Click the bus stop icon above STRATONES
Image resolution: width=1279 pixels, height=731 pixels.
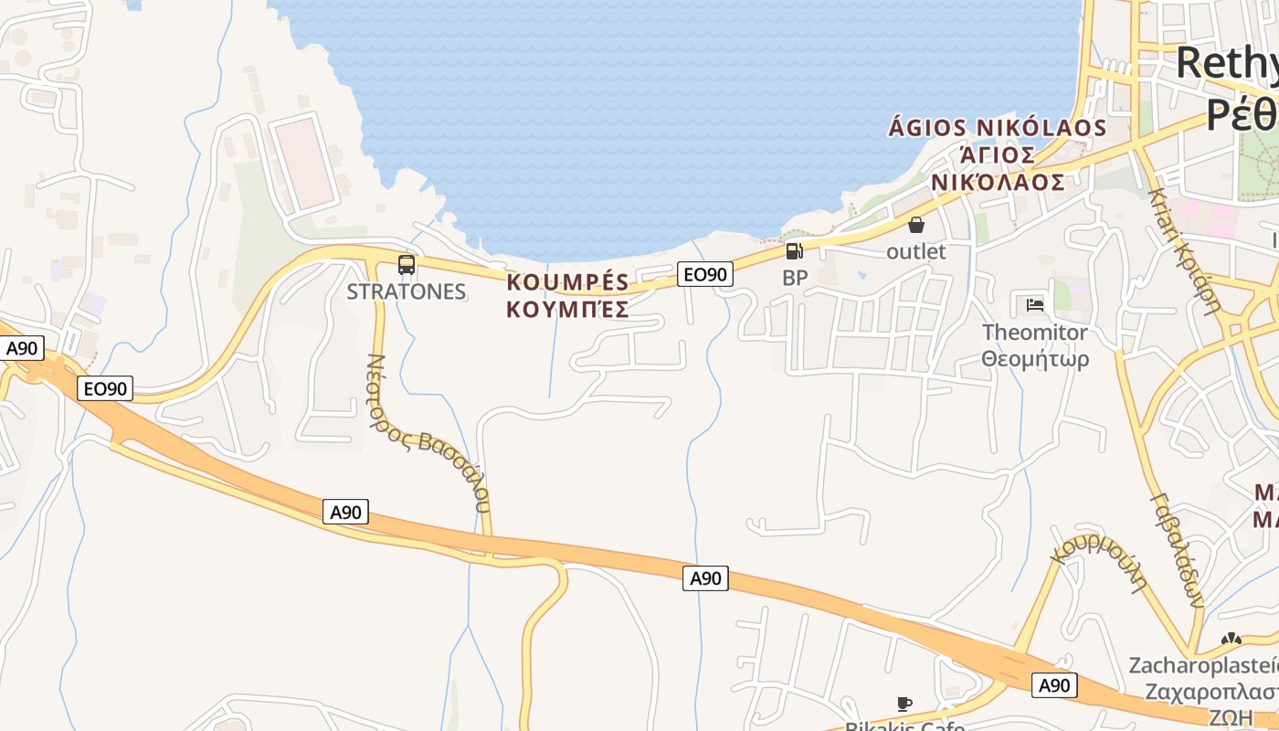tap(407, 265)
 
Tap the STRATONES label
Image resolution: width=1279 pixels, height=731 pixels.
tap(407, 292)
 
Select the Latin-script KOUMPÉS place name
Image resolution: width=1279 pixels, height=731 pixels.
tap(567, 281)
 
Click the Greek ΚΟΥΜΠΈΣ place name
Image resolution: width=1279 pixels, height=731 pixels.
tap(567, 310)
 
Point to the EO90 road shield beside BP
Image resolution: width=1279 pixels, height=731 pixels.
tap(706, 273)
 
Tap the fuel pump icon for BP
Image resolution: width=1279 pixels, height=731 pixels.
tap(795, 251)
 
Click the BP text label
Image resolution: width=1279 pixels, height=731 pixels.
tap(795, 278)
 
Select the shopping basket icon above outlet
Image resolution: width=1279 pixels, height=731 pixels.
tap(916, 225)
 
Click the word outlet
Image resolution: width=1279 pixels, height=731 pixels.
tap(916, 250)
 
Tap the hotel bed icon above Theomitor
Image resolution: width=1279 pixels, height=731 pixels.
tap(1035, 304)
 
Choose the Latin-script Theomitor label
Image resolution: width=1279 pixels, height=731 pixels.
tap(1035, 332)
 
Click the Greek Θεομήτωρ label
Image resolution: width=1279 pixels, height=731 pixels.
tap(1035, 359)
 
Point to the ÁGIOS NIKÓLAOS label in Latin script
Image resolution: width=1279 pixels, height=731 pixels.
tap(998, 128)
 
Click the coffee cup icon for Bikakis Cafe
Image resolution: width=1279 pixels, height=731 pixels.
tap(904, 704)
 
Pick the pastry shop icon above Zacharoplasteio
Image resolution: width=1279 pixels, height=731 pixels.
tap(1231, 640)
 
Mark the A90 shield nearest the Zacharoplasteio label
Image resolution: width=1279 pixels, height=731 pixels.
tap(1054, 685)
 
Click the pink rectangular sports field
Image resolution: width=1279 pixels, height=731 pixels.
tap(305, 161)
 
